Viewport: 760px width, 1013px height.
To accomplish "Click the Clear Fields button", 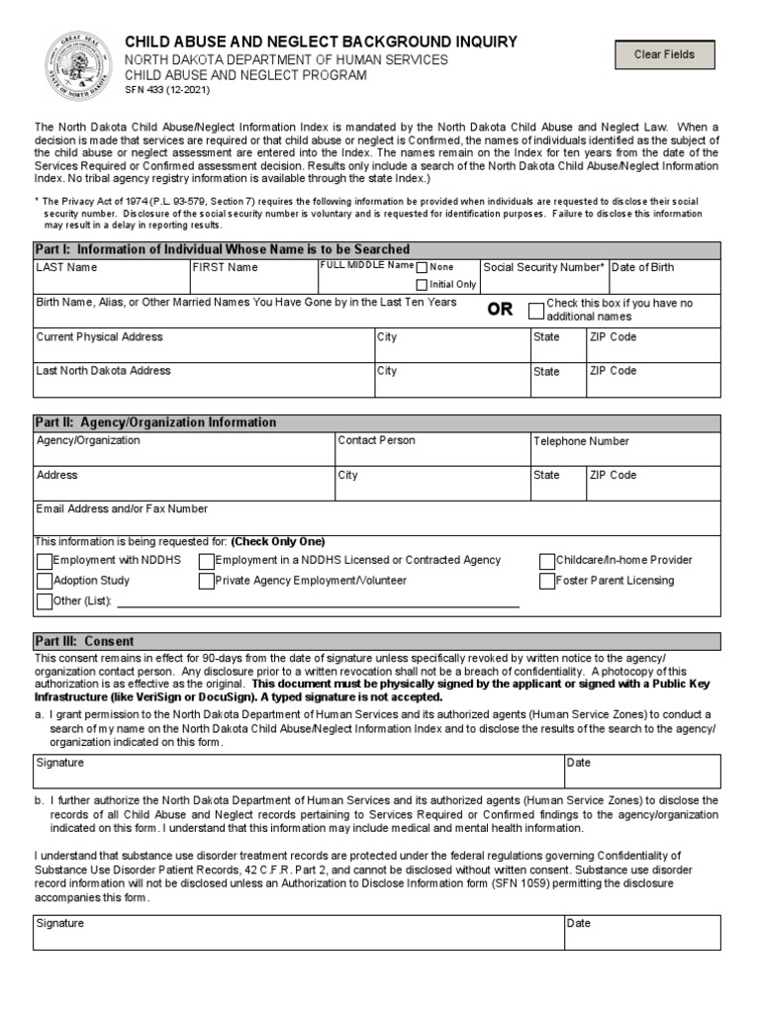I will click(x=664, y=54).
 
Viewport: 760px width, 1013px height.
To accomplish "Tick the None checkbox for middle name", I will click(x=423, y=267).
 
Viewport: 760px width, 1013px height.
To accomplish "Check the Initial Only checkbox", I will click(x=423, y=285).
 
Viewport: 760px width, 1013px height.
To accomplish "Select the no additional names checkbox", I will click(x=536, y=310).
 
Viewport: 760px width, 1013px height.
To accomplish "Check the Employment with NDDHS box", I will click(x=45, y=561).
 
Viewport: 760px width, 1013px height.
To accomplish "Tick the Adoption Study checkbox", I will click(x=45, y=582).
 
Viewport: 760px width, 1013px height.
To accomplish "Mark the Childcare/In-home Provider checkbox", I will click(x=547, y=561).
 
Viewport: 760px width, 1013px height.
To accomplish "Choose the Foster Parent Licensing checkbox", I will click(x=547, y=582).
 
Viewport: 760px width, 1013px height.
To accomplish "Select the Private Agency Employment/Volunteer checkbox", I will click(x=207, y=582).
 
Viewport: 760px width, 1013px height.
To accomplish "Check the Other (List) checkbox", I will click(x=45, y=601).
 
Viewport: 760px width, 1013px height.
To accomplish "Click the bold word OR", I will click(x=500, y=310).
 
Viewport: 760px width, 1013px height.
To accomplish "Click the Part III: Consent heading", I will click(x=84, y=641).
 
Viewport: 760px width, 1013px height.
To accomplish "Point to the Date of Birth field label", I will click(x=643, y=267).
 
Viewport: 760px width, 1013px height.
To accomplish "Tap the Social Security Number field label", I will click(x=543, y=267).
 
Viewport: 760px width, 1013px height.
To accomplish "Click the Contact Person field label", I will click(x=376, y=441).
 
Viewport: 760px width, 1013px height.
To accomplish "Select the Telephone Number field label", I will click(x=581, y=442).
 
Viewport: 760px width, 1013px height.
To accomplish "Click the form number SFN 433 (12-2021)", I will click(x=166, y=90).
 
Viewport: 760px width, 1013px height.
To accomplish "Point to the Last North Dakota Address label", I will click(x=103, y=371).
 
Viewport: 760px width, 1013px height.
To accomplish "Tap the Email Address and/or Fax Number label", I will click(x=122, y=509).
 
